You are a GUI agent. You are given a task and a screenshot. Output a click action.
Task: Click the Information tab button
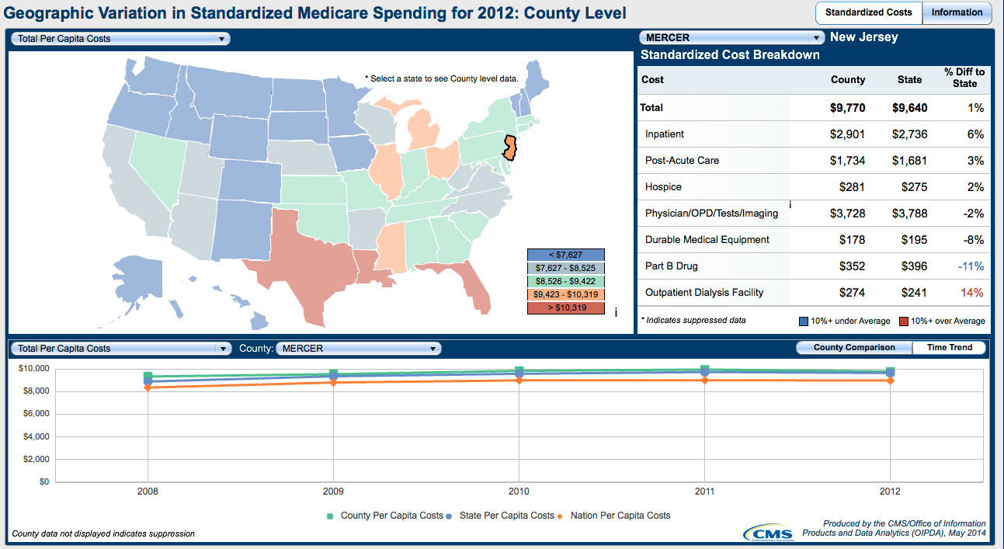[x=957, y=12]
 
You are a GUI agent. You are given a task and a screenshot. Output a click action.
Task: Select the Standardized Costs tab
[x=869, y=12]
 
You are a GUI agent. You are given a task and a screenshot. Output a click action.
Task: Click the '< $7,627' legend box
[x=565, y=255]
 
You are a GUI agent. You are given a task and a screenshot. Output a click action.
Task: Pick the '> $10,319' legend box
[x=565, y=308]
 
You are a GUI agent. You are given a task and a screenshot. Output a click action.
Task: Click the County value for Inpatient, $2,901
[x=847, y=134]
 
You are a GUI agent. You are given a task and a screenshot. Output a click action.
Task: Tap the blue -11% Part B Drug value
[x=971, y=266]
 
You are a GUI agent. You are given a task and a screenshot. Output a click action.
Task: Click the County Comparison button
[x=854, y=348]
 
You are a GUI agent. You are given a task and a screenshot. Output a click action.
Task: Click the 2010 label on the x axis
[x=519, y=492]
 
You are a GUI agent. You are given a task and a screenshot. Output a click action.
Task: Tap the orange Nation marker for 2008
[x=148, y=387]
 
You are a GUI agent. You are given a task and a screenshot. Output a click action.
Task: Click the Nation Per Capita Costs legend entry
[x=620, y=516]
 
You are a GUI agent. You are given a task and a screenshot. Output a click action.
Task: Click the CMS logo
[x=768, y=533]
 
